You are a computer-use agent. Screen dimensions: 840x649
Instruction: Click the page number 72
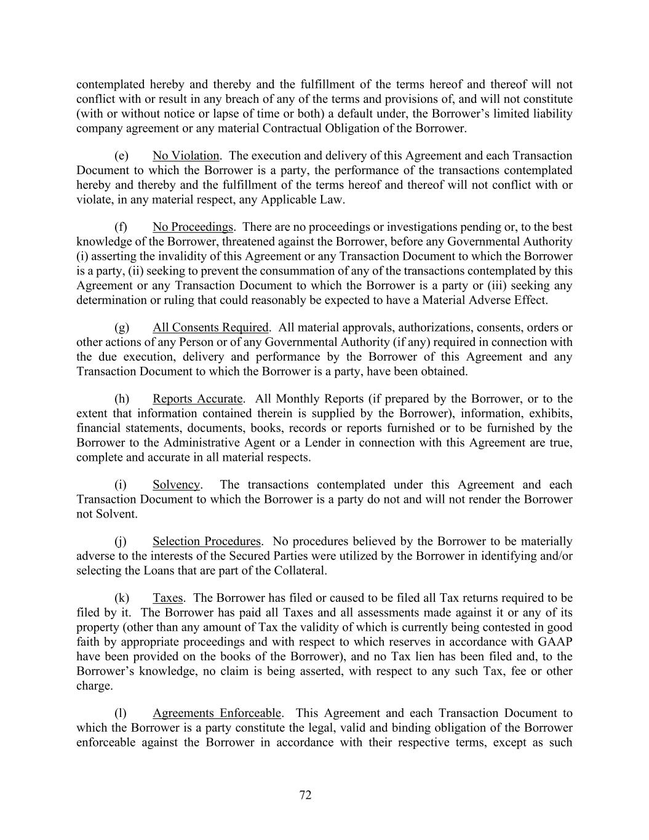(305, 795)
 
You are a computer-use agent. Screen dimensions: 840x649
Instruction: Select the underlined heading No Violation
(186, 156)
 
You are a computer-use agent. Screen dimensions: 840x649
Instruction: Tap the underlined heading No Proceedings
(193, 227)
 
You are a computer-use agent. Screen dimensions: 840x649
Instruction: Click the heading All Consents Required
(210, 327)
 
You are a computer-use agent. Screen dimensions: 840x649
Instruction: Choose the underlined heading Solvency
(176, 484)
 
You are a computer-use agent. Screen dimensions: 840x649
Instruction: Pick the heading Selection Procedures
(207, 542)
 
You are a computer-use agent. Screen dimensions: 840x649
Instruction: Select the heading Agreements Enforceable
(217, 713)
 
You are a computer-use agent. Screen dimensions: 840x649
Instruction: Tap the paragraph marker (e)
(121, 156)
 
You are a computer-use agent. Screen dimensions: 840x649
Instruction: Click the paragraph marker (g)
(121, 327)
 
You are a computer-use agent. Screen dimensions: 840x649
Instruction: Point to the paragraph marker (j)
(121, 542)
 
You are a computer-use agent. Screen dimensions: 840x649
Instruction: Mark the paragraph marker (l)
(121, 713)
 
